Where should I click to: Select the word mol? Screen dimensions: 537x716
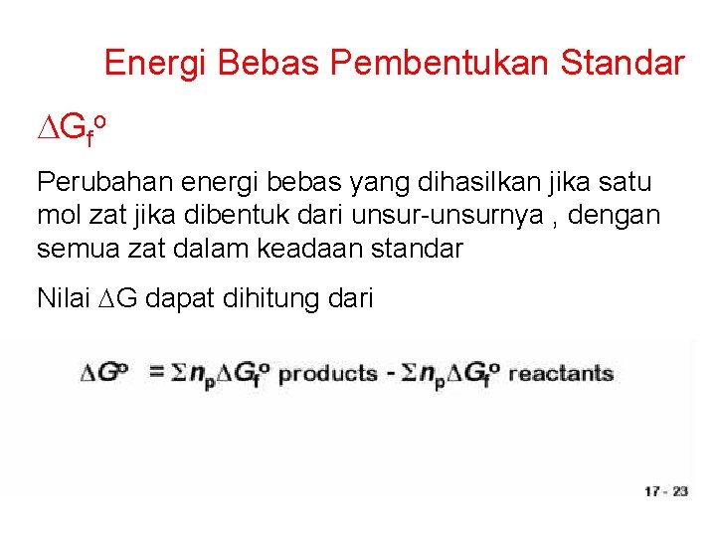(x=57, y=216)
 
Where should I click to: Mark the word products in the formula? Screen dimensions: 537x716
(x=327, y=374)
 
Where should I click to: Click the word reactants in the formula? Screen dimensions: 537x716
(x=560, y=374)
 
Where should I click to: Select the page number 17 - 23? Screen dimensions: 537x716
(x=666, y=490)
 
